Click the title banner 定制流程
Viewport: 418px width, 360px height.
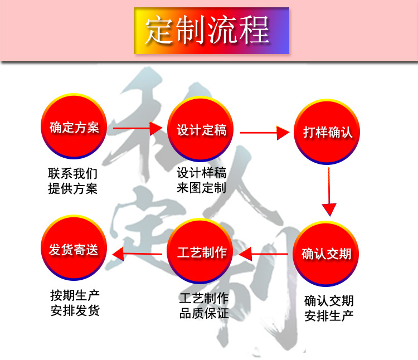(x=211, y=30)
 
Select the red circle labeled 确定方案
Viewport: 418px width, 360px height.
(x=74, y=128)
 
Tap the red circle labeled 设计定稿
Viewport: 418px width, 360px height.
(x=201, y=130)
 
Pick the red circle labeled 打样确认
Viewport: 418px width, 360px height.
(x=327, y=132)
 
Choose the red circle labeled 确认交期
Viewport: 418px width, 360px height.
(x=326, y=254)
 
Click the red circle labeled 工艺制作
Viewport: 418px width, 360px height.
(x=201, y=252)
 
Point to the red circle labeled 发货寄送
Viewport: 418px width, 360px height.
(x=74, y=249)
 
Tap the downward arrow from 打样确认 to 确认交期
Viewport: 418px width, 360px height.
(x=329, y=192)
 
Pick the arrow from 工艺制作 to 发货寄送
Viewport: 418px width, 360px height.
(x=139, y=254)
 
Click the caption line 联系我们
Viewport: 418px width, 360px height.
(x=72, y=174)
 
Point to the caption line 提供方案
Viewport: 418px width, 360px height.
(x=72, y=188)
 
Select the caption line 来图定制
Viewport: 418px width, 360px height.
(x=201, y=187)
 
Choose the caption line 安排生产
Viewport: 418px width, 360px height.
(x=329, y=315)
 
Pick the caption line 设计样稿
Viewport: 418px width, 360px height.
(x=201, y=172)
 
